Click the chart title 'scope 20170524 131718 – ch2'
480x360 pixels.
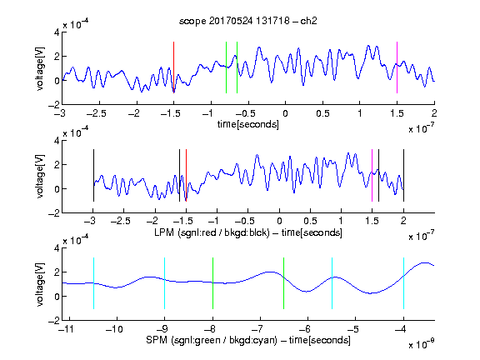point(248,21)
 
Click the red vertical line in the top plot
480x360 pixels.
point(173,67)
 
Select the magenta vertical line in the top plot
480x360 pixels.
point(397,67)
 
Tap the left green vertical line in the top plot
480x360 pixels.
point(226,67)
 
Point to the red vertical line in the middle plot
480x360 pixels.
point(186,175)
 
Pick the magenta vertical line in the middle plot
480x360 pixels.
point(372,175)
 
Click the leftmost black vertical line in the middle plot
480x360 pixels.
point(93,175)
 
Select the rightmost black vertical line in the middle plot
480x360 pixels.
point(403,175)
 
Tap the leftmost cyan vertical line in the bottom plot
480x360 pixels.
point(93,283)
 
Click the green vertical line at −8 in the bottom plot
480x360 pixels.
point(212,283)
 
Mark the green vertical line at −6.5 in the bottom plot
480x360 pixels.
point(284,283)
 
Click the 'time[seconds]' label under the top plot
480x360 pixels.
point(248,125)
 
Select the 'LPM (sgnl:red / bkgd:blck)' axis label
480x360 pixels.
point(212,232)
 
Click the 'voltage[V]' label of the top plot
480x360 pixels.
point(40,68)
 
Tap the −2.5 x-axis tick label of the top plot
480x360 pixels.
point(97,113)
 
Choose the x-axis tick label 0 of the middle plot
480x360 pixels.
point(279,221)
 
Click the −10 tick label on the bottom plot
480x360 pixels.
point(114,329)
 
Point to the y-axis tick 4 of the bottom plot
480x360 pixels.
point(57,248)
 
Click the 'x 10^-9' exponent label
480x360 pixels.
point(422,344)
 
